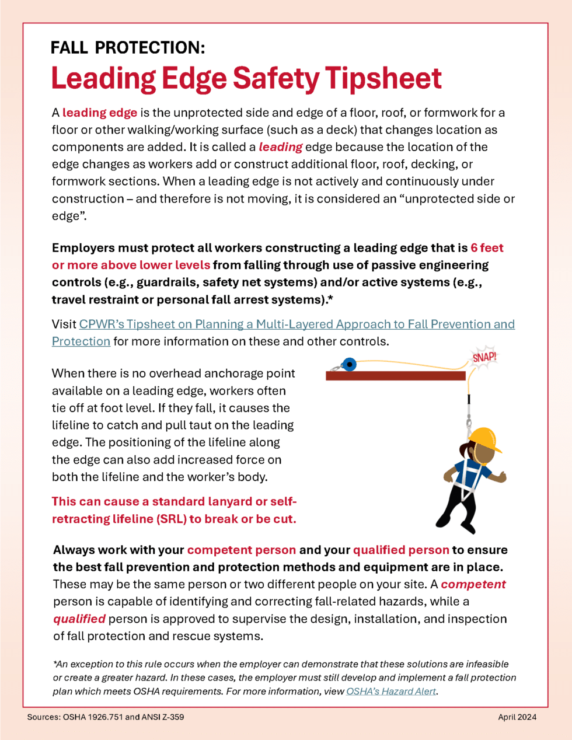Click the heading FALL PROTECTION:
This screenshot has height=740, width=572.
click(x=127, y=48)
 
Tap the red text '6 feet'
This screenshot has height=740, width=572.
click(x=487, y=248)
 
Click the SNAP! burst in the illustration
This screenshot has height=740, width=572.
click(x=484, y=357)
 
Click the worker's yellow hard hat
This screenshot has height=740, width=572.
click(x=484, y=439)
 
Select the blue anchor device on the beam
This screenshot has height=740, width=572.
click(x=348, y=365)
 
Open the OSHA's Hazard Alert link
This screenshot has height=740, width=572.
click(x=391, y=692)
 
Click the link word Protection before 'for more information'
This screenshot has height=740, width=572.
click(x=81, y=341)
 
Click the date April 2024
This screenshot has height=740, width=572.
click(x=517, y=717)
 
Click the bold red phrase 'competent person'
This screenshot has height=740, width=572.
click(x=241, y=550)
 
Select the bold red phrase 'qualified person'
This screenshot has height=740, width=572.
click(x=401, y=550)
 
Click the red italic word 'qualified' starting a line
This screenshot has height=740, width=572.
click(x=79, y=619)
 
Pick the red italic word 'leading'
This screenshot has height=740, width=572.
click(x=281, y=147)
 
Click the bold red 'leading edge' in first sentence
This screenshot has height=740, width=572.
click(x=100, y=113)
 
